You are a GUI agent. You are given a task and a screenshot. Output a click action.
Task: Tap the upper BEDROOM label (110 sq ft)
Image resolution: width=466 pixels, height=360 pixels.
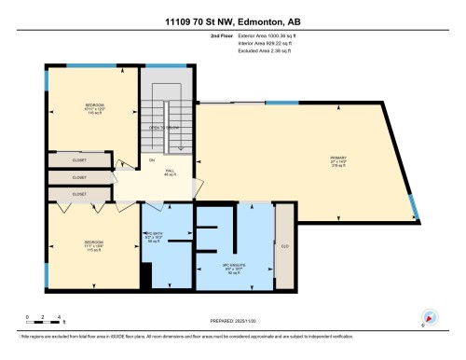click(94, 107)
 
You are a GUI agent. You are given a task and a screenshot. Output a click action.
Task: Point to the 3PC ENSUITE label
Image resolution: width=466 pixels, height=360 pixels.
click(233, 270)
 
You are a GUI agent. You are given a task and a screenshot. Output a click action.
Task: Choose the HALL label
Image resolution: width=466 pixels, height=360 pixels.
click(171, 172)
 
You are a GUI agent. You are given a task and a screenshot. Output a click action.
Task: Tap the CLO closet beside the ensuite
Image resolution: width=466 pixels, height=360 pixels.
click(285, 246)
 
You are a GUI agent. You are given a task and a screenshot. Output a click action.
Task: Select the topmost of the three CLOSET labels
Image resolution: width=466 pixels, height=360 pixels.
click(79, 160)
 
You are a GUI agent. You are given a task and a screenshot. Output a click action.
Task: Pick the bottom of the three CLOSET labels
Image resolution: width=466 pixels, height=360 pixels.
click(79, 194)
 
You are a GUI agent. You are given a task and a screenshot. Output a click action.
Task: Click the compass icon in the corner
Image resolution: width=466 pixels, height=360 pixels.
click(429, 317)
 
